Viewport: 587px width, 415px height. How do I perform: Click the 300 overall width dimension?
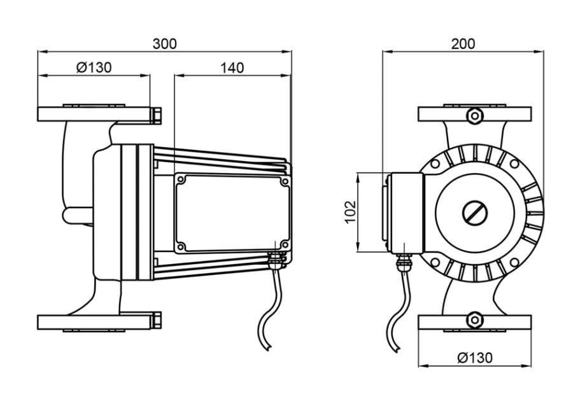point(164,44)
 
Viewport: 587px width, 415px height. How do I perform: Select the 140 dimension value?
point(232,68)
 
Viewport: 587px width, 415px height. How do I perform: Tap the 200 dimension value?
point(463,44)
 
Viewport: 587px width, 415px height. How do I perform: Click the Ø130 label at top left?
point(94,68)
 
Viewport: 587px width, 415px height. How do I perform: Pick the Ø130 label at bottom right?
point(475,358)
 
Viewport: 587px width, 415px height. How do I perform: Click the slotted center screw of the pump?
point(474,213)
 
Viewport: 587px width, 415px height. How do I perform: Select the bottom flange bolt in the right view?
point(474,320)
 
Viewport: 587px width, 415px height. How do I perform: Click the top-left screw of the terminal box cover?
point(181,180)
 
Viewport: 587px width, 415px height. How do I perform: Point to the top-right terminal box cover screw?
point(285,181)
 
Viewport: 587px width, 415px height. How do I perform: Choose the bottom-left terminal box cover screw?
point(181,246)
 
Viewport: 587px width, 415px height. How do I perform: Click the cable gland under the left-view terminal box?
point(275,258)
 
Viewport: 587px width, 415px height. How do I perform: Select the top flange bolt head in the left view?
point(156,115)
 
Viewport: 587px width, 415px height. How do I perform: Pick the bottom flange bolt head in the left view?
point(156,320)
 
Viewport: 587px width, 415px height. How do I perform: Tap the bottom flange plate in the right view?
point(474,323)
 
